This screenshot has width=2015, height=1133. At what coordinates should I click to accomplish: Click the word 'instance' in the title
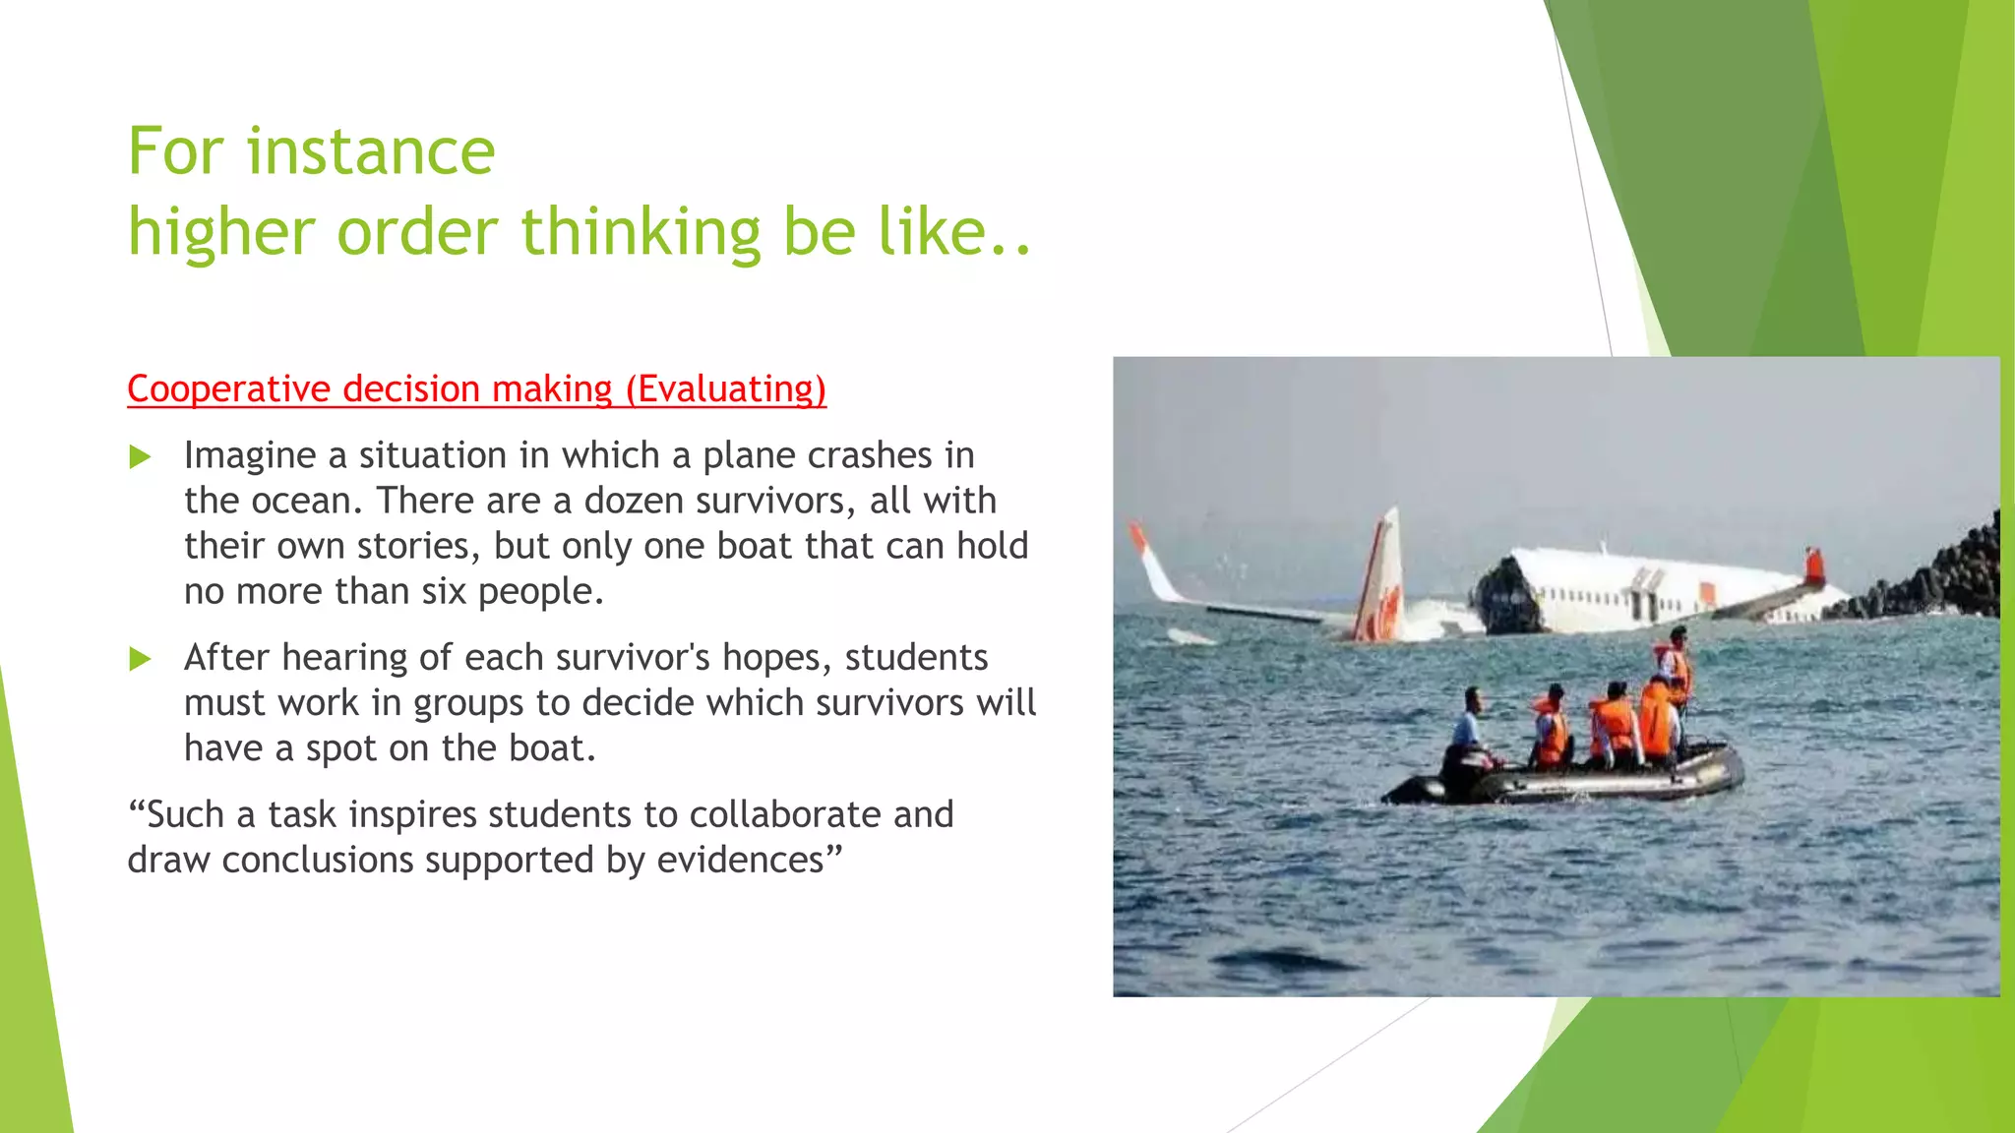[x=371, y=152]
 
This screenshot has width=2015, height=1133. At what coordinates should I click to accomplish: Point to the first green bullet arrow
[x=141, y=457]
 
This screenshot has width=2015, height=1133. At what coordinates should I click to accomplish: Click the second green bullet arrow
[x=141, y=659]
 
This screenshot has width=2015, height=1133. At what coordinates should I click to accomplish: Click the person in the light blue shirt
[x=1469, y=728]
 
